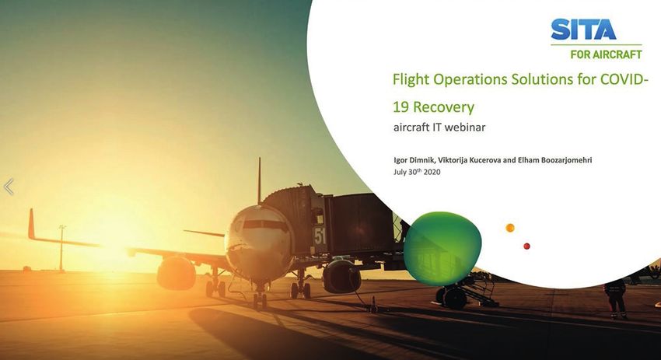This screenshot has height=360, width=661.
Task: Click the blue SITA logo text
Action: (583, 29)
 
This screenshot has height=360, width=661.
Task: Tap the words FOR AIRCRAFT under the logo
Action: (607, 54)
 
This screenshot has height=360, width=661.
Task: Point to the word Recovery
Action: (443, 107)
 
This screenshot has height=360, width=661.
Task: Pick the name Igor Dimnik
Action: (414, 160)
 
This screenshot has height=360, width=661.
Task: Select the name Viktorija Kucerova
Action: (469, 160)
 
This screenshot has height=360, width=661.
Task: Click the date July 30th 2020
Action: (417, 172)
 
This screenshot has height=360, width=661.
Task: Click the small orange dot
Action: (510, 228)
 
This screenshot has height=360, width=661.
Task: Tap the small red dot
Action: (526, 246)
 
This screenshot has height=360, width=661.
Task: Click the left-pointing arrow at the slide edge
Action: (9, 187)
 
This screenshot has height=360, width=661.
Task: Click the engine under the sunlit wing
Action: (177, 273)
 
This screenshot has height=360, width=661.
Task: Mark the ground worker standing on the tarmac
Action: (616, 298)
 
